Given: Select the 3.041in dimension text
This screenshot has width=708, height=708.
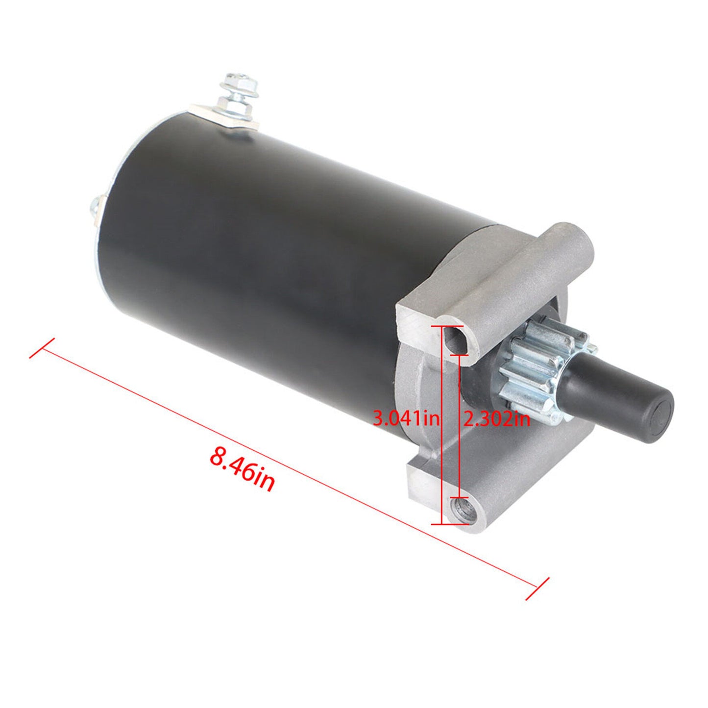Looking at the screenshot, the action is tap(406, 418).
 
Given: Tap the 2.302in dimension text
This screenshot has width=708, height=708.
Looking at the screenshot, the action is tap(496, 418).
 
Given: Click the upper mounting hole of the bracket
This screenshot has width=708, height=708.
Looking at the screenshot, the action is tap(455, 340).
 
